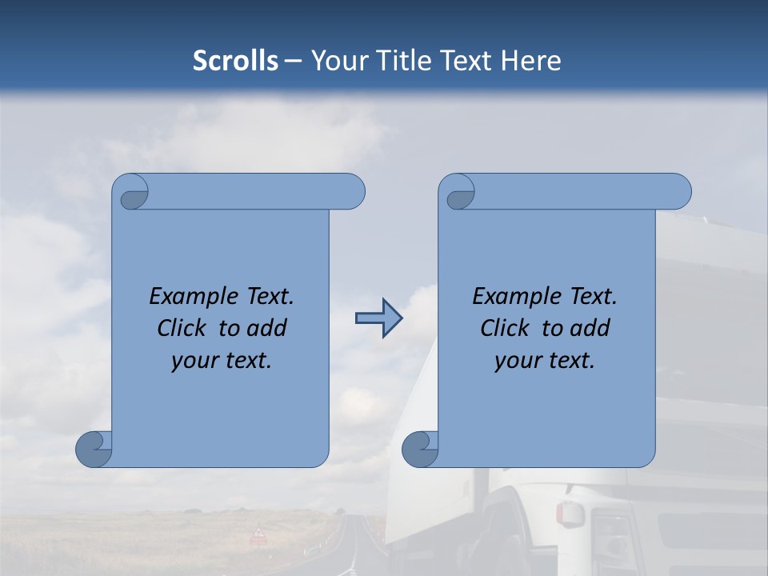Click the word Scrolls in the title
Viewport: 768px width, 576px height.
pyautogui.click(x=235, y=61)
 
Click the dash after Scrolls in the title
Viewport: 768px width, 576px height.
pyautogui.click(x=294, y=61)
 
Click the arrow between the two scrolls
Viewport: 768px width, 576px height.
pyautogui.click(x=378, y=318)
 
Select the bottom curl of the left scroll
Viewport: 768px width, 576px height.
pyautogui.click(x=94, y=450)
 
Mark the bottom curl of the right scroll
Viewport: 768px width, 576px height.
pyautogui.click(x=420, y=450)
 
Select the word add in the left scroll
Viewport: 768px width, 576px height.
pyautogui.click(x=266, y=328)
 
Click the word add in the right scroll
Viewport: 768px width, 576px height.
pyautogui.click(x=590, y=328)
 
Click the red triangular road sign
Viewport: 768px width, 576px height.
pyautogui.click(x=258, y=534)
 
